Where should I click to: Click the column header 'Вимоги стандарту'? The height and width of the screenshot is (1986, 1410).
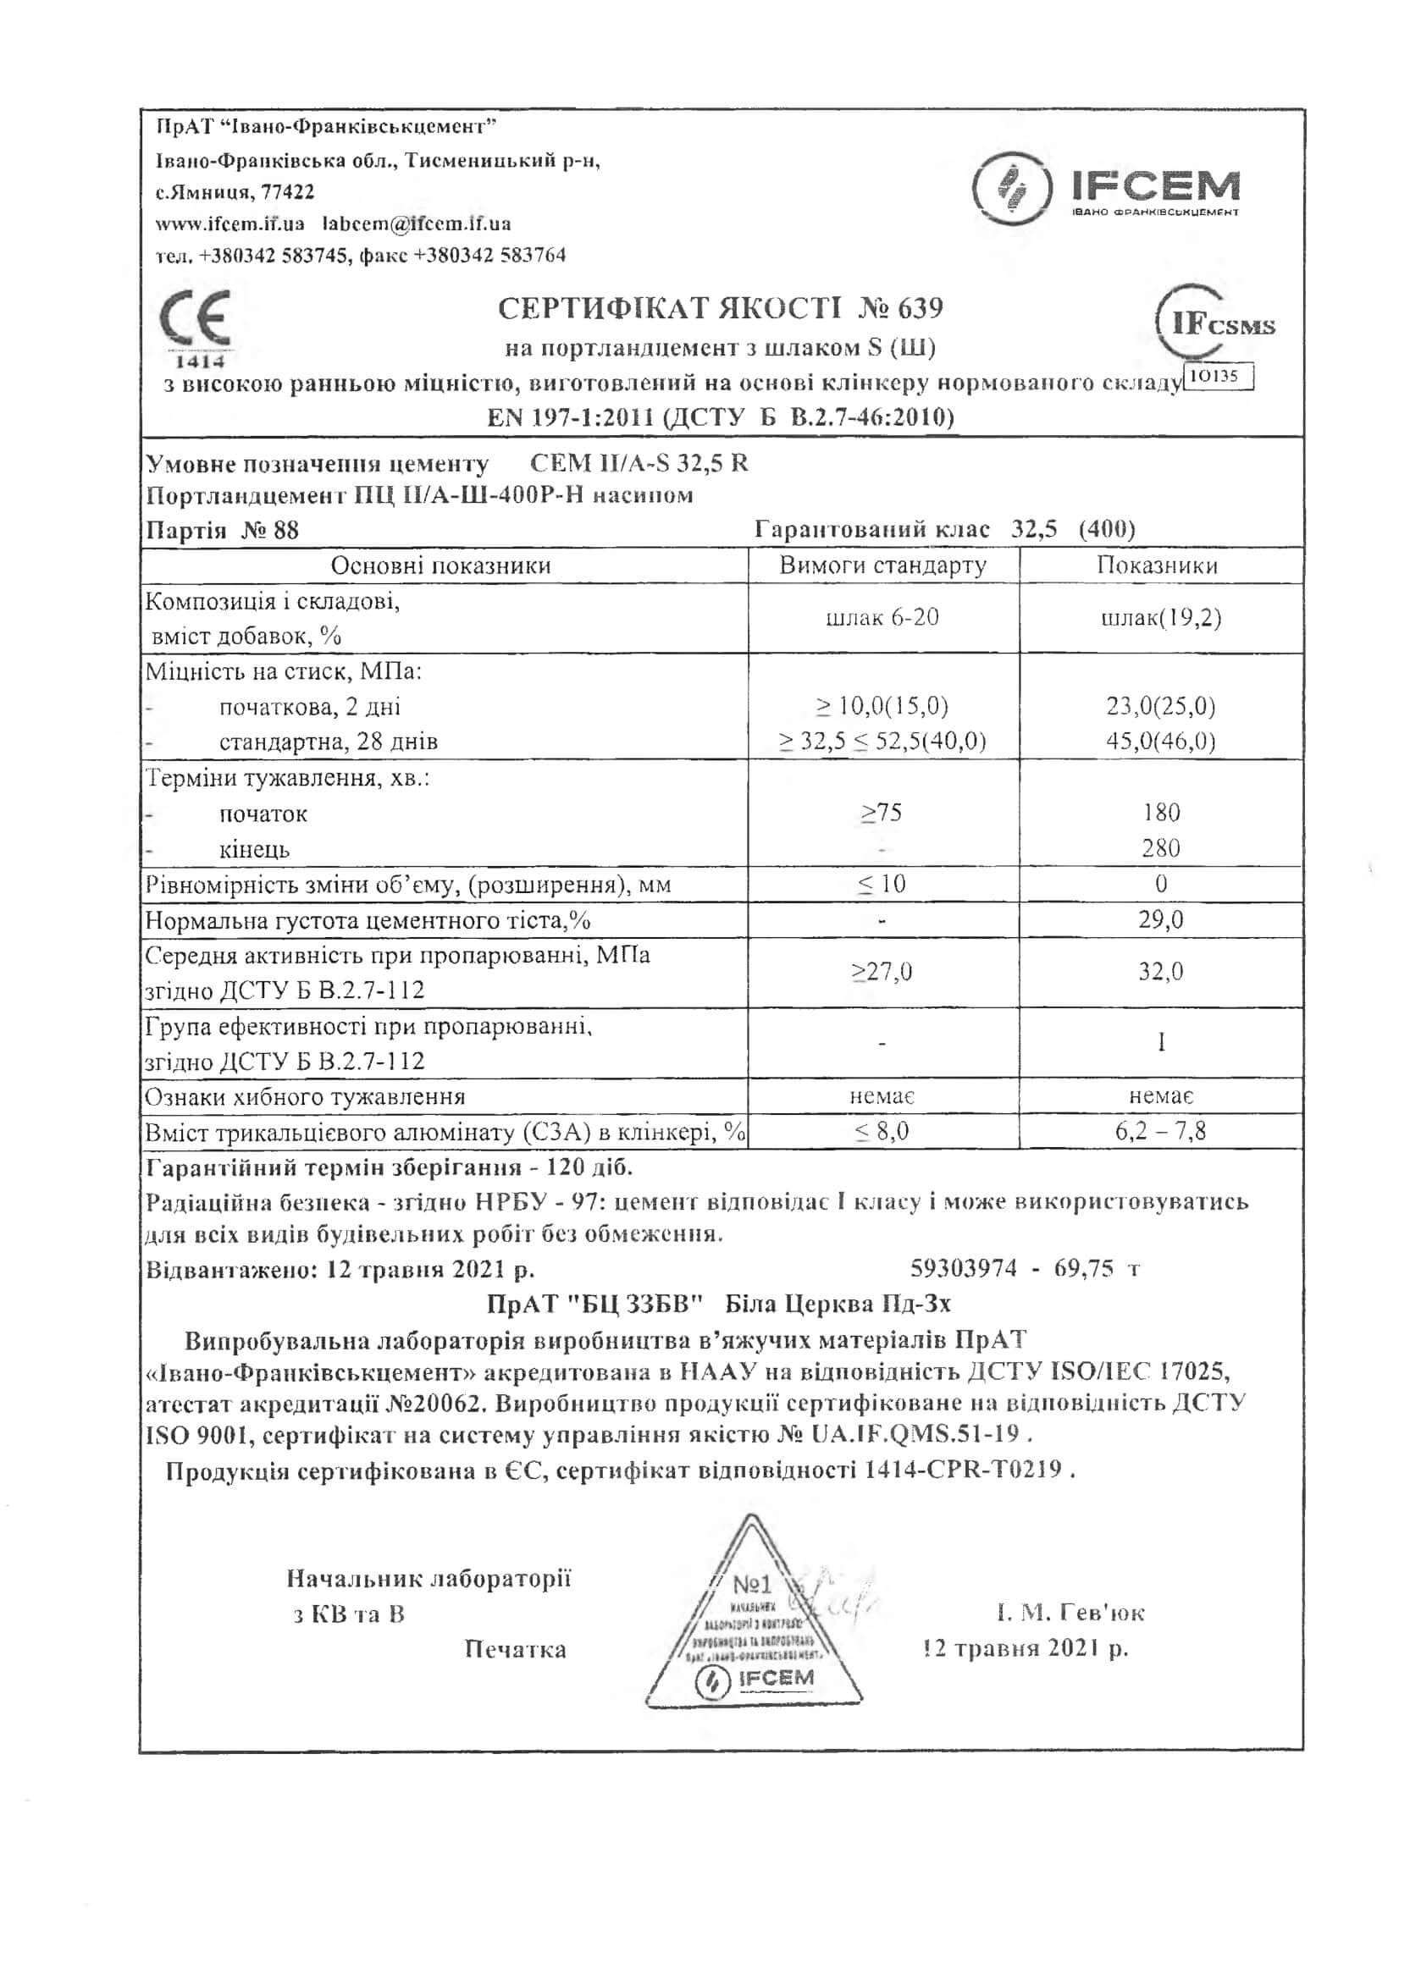click(882, 566)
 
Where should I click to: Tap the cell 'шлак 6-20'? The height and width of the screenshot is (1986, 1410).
click(882, 618)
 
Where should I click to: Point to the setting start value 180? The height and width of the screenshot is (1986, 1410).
click(1161, 813)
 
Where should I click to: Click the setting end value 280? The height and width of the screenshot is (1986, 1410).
click(1161, 848)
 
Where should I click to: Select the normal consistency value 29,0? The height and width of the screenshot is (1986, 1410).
click(1161, 919)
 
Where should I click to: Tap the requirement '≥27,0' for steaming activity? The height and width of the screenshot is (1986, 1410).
click(882, 971)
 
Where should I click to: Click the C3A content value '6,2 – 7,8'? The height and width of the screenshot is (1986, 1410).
click(1161, 1131)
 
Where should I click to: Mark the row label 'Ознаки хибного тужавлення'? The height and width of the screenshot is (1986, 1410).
click(305, 1097)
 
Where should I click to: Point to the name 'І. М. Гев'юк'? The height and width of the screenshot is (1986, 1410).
click(1070, 1613)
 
